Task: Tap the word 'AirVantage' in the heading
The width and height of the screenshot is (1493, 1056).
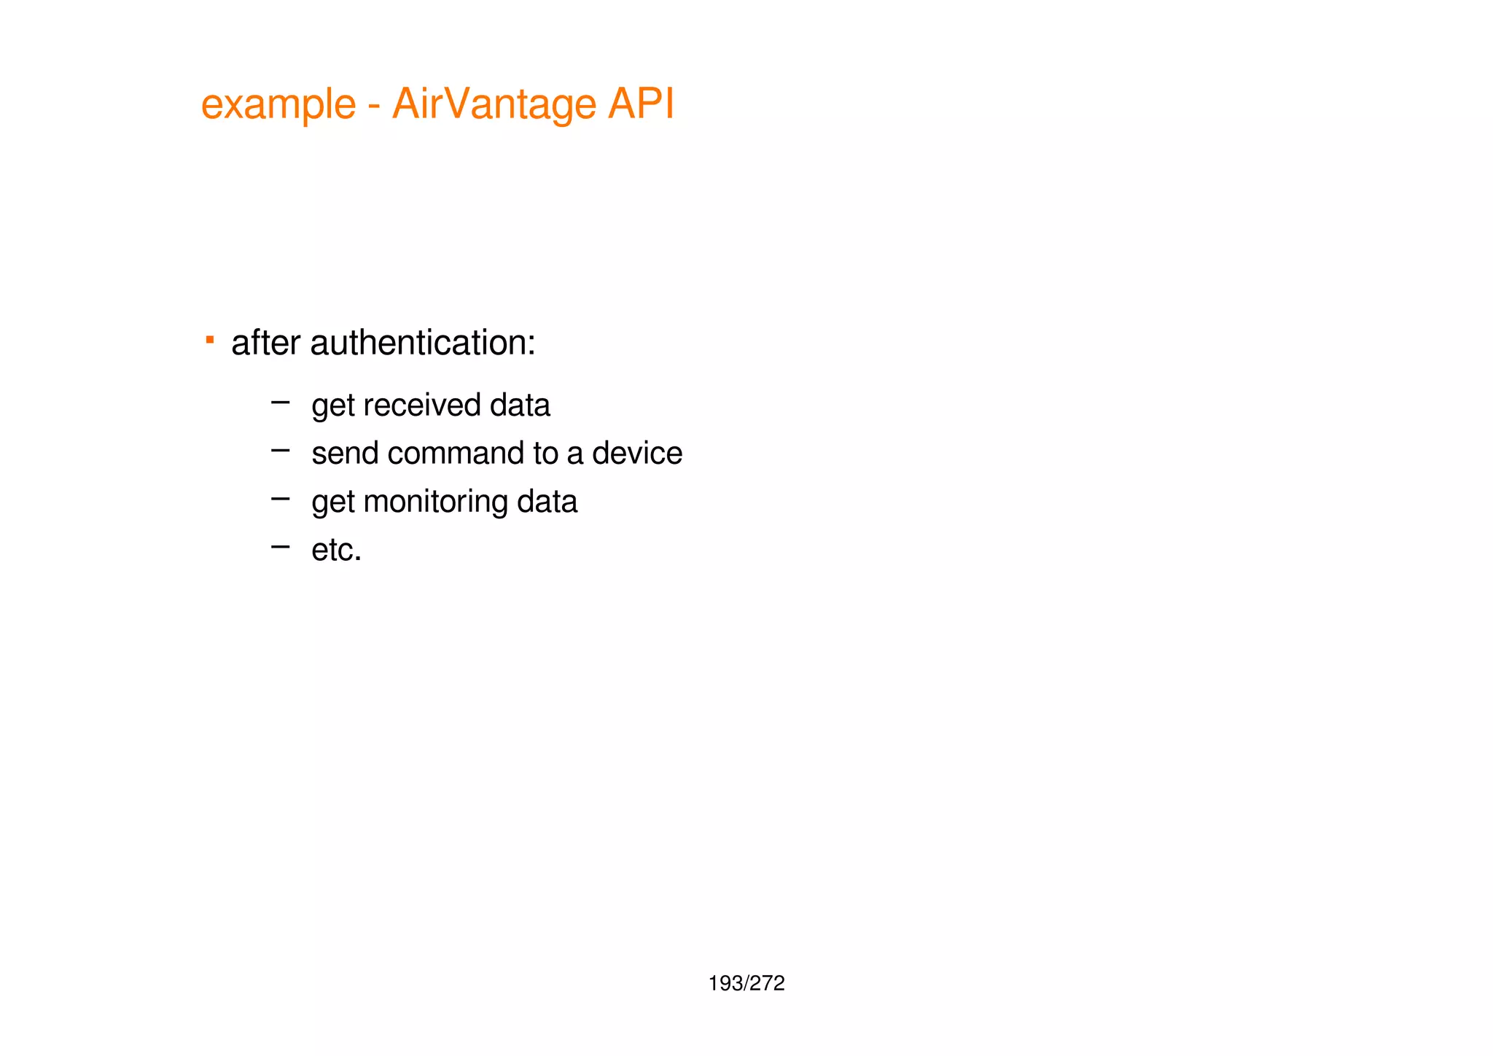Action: [x=494, y=104]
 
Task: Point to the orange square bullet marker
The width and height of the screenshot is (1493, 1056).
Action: [x=210, y=339]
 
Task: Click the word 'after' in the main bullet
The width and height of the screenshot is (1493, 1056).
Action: [x=265, y=342]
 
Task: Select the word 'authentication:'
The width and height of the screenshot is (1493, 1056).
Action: [x=423, y=342]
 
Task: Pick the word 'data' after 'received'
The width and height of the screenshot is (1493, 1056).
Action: [x=520, y=405]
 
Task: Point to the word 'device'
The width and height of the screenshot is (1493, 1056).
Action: [x=636, y=454]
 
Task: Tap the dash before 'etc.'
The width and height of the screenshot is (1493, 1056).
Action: [x=280, y=546]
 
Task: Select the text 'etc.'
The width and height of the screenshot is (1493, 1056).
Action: [x=336, y=550]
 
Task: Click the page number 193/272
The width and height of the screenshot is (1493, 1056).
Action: [x=746, y=984]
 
